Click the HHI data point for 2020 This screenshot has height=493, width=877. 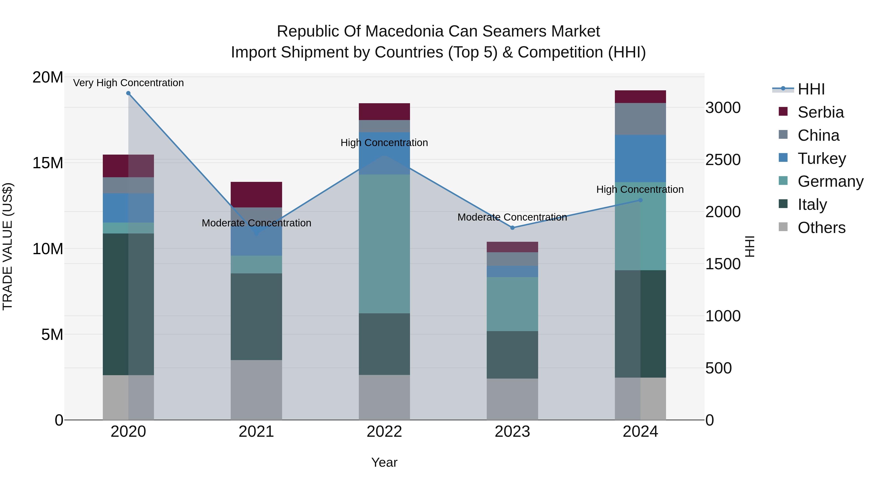click(128, 93)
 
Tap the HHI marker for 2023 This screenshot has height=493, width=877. click(512, 228)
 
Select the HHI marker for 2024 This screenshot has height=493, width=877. click(640, 200)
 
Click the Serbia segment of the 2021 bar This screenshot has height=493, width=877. click(256, 195)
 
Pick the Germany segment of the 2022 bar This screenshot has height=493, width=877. click(384, 244)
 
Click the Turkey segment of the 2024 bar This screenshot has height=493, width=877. click(640, 158)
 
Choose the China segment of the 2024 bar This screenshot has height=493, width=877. click(640, 119)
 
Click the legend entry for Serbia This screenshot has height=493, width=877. click(820, 112)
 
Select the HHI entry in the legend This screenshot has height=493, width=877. click(811, 89)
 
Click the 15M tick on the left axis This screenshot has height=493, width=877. click(48, 163)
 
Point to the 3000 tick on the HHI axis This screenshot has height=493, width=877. click(723, 108)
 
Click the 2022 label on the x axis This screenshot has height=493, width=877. click(384, 432)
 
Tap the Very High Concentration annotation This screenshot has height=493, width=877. click(128, 83)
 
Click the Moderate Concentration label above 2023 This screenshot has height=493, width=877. click(512, 217)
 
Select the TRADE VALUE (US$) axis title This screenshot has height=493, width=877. click(8, 246)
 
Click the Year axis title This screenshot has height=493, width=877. click(384, 462)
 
